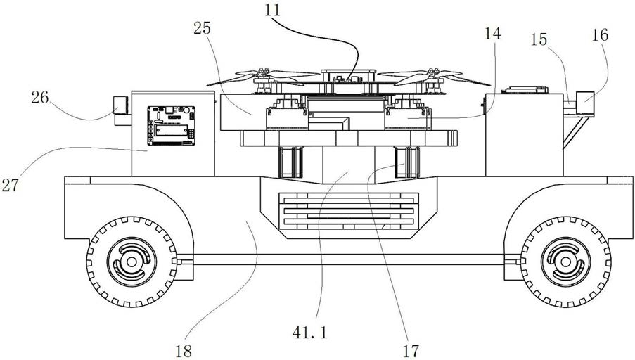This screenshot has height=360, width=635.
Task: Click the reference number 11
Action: click(272, 10)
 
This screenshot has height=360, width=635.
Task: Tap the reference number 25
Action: click(202, 28)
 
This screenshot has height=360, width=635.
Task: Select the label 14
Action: click(492, 34)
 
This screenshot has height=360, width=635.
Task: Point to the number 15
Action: click(539, 39)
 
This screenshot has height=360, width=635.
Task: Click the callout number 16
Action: click(600, 35)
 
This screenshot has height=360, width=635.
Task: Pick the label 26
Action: click(40, 98)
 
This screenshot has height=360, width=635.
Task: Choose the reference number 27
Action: click(10, 185)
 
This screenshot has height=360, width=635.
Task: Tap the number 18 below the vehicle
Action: click(184, 351)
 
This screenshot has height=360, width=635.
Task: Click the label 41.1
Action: click(309, 333)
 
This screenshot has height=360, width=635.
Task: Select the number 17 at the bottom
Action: click(411, 351)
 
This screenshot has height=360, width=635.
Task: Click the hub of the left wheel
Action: click(132, 262)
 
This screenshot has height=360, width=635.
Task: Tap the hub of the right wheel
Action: click(565, 262)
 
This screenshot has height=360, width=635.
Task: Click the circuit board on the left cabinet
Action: click(172, 126)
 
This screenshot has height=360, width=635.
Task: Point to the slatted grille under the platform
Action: click(349, 210)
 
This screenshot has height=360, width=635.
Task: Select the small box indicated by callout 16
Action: click(585, 103)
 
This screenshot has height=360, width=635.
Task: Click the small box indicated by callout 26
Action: click(120, 105)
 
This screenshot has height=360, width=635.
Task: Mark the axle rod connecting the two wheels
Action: click(349, 259)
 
